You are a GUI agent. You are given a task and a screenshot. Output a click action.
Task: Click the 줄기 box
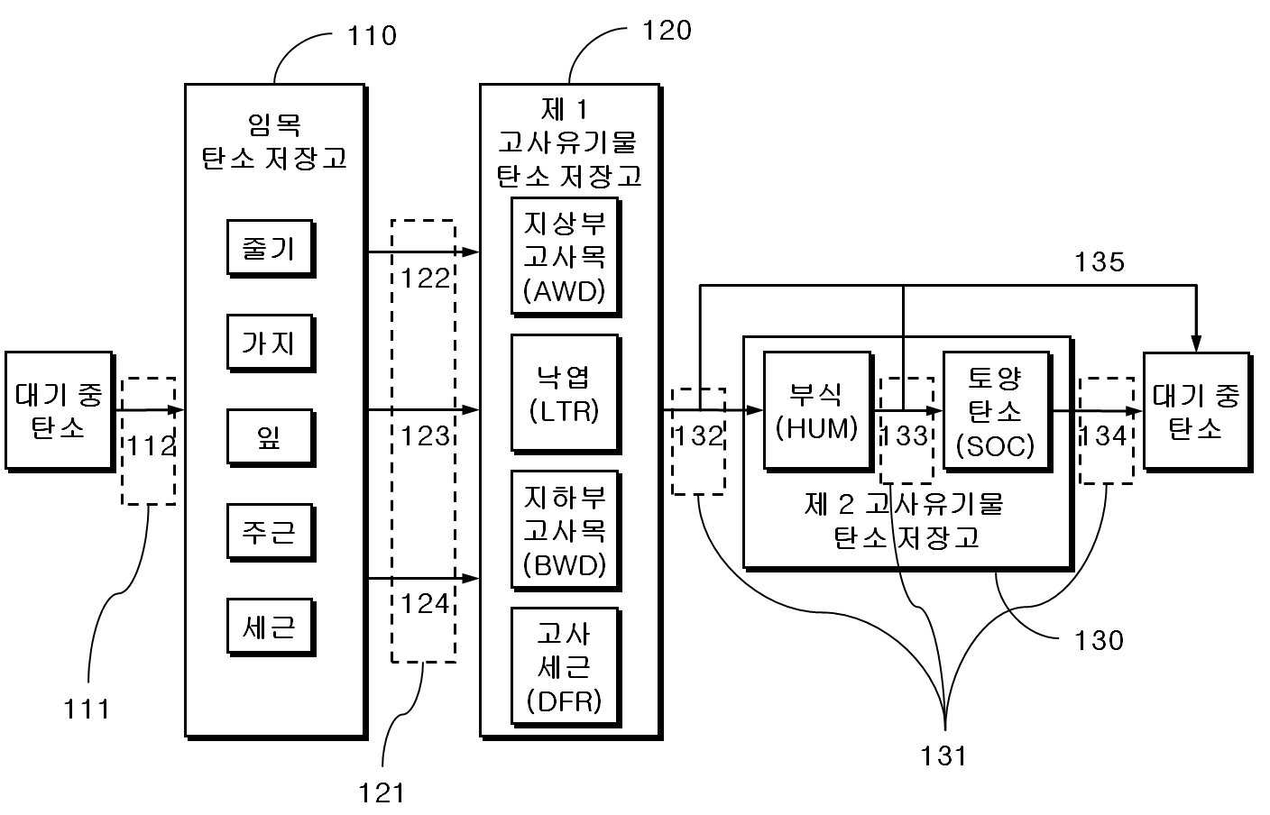click(x=271, y=248)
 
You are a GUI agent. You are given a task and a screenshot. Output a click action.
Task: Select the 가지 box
click(x=271, y=343)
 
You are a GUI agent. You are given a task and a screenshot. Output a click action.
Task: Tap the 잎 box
click(x=271, y=437)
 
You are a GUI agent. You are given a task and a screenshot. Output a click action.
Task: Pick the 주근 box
click(x=271, y=532)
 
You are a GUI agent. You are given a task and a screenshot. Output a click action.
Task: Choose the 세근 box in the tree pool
click(x=271, y=627)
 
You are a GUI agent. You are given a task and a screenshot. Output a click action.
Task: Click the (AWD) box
click(x=566, y=257)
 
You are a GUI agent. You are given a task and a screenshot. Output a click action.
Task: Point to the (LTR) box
click(x=566, y=394)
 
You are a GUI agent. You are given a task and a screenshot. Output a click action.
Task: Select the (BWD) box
click(x=566, y=531)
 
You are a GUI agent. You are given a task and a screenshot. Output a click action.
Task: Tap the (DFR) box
click(x=566, y=668)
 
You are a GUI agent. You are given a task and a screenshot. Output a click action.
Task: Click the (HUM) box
click(x=817, y=411)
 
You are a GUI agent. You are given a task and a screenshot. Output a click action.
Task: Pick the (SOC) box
click(x=997, y=411)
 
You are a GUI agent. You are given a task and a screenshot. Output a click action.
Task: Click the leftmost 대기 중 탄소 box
click(x=60, y=411)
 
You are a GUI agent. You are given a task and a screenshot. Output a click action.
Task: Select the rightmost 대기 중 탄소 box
click(x=1198, y=411)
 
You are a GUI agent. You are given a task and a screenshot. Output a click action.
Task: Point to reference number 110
click(x=372, y=36)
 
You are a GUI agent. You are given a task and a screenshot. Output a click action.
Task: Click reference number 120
click(x=667, y=30)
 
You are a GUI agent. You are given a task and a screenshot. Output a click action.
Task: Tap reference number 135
click(x=1100, y=261)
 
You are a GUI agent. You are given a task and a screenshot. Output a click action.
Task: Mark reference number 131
click(x=943, y=755)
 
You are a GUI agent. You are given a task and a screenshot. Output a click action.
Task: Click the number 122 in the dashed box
click(x=425, y=279)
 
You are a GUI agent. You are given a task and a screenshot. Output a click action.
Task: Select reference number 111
click(x=87, y=709)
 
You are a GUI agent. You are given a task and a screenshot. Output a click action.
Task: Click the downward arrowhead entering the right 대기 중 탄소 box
click(x=1196, y=343)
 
